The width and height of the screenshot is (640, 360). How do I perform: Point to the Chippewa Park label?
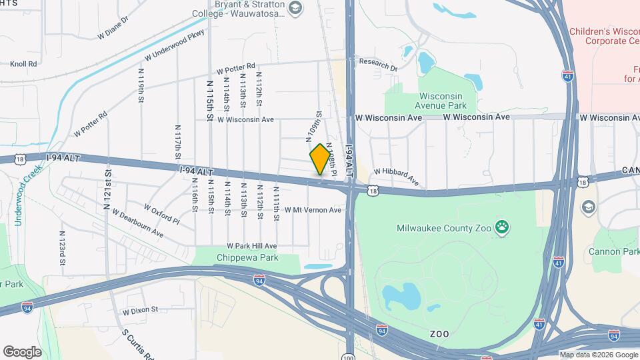[241, 257]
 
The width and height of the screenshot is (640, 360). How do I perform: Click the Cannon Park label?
[613, 251]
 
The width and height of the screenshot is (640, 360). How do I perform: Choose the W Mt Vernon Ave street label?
[313, 210]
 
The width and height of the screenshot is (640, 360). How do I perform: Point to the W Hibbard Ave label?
[396, 177]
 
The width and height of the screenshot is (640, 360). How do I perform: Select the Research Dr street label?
[378, 64]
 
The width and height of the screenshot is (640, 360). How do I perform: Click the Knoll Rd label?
[23, 65]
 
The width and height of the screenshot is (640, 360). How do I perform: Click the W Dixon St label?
[140, 310]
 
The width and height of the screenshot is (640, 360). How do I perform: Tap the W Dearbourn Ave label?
[137, 224]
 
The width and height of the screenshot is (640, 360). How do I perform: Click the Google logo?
[22, 351]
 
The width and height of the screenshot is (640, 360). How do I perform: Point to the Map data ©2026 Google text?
[599, 355]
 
